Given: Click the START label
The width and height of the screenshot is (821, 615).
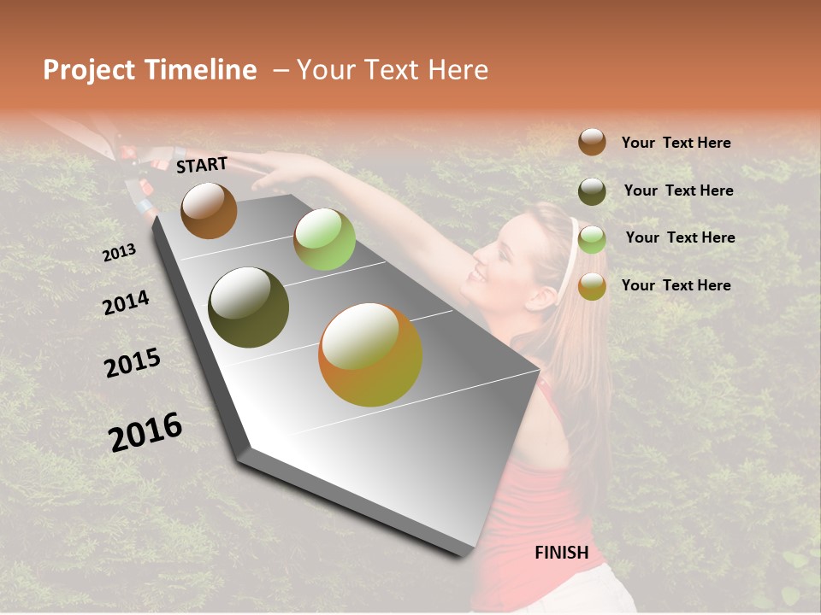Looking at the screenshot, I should click(x=202, y=165).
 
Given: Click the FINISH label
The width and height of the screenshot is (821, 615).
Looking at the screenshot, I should click(x=561, y=553).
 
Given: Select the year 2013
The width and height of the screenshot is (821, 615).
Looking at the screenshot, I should click(x=119, y=253).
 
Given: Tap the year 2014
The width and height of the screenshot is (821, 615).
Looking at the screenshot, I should click(x=126, y=302).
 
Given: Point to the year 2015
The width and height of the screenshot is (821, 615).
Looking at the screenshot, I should click(x=133, y=363).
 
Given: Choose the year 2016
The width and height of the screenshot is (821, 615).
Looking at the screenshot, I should click(x=145, y=432).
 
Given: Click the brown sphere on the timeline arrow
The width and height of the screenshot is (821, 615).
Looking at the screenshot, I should click(x=209, y=210).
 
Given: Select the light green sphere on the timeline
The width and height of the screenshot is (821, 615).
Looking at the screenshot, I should click(x=324, y=239).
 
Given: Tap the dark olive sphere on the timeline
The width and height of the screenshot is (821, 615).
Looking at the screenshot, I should click(x=249, y=307).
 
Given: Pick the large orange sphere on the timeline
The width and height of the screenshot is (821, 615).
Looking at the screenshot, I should click(x=370, y=354).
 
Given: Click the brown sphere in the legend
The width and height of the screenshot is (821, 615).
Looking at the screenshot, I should click(x=592, y=142).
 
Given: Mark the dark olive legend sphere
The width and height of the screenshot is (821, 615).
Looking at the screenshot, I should click(x=592, y=191).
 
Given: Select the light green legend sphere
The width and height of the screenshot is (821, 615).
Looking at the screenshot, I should click(x=592, y=239).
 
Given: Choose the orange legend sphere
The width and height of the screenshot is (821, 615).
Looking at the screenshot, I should click(x=592, y=286).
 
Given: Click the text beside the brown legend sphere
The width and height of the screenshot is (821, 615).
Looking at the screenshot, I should click(x=676, y=143).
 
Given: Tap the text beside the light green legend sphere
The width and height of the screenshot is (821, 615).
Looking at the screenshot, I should click(x=680, y=237).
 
